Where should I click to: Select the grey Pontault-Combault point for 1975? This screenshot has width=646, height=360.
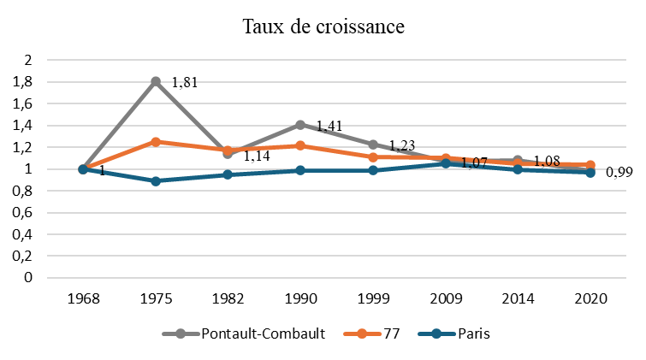coord(156,81)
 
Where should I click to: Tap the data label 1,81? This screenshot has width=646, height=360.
coord(186,83)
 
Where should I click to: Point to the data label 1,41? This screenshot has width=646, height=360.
coord(329,127)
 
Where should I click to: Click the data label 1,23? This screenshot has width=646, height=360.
coord(402,146)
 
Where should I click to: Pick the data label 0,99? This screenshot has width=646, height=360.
coord(619,173)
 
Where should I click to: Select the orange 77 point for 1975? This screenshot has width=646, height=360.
coord(156,142)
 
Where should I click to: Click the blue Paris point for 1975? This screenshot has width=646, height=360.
coord(156,181)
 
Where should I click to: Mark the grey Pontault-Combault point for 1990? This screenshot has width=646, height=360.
coord(300,125)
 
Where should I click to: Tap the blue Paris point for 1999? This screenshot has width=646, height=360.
coord(373,170)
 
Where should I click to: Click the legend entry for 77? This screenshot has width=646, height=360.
coord(387,333)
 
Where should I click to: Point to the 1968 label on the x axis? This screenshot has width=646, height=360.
coord(83,300)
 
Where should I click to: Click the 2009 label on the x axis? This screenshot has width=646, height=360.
coord(446,300)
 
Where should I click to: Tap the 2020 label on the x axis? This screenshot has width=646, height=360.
coord(590,300)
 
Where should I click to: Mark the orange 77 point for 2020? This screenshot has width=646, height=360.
coord(590,165)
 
